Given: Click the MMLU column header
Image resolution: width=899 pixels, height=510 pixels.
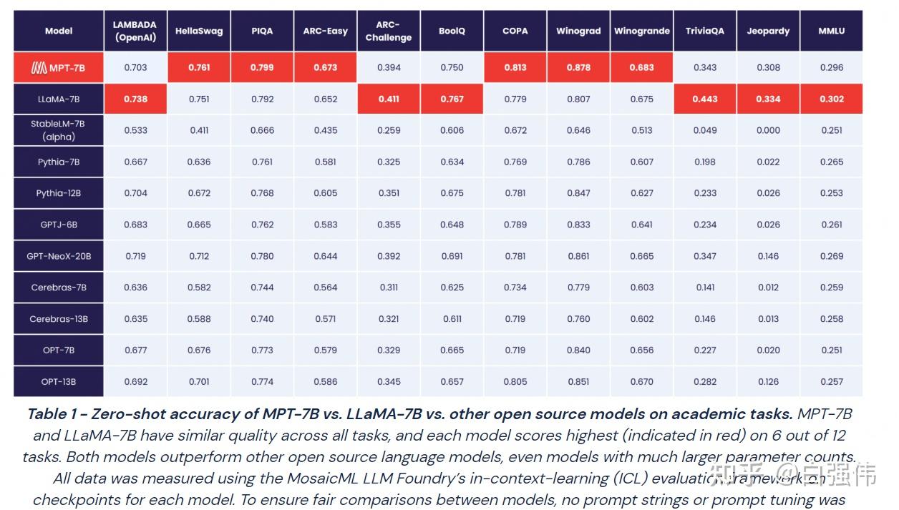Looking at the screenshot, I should click(x=831, y=31).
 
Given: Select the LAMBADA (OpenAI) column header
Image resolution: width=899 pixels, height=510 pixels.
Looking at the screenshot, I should click(x=135, y=31).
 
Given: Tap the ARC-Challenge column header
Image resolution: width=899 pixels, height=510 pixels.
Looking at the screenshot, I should click(x=389, y=31).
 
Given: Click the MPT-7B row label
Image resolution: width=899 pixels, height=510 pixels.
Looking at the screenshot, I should click(x=59, y=68).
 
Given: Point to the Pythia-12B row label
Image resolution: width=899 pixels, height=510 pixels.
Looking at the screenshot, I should click(x=59, y=193).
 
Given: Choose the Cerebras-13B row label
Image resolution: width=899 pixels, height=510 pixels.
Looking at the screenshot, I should click(x=59, y=319).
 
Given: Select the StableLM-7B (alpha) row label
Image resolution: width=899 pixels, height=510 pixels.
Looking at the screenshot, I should click(x=59, y=130).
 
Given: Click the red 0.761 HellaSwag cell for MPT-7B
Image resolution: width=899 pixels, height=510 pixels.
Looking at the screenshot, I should click(x=199, y=68).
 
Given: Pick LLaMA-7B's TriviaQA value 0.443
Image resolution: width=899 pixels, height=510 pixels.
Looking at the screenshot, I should click(x=704, y=99).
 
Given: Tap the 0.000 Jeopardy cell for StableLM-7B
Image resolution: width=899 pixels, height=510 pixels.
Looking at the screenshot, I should click(x=768, y=130).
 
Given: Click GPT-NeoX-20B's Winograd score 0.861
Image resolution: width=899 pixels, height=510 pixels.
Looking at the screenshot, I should click(x=578, y=256).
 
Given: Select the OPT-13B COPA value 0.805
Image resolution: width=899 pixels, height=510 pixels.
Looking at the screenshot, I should click(x=515, y=382).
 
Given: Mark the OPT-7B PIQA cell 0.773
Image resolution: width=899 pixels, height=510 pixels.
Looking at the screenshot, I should click(x=262, y=350).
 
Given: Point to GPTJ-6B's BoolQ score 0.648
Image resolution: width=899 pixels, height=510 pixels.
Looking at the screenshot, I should click(x=452, y=225).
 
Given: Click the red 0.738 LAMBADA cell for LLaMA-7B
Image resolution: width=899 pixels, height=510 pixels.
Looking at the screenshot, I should click(x=135, y=99).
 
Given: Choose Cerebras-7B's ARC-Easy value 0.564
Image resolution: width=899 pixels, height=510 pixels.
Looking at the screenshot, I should click(x=325, y=288).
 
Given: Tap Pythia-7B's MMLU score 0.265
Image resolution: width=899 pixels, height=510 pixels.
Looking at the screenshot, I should click(x=831, y=162).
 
